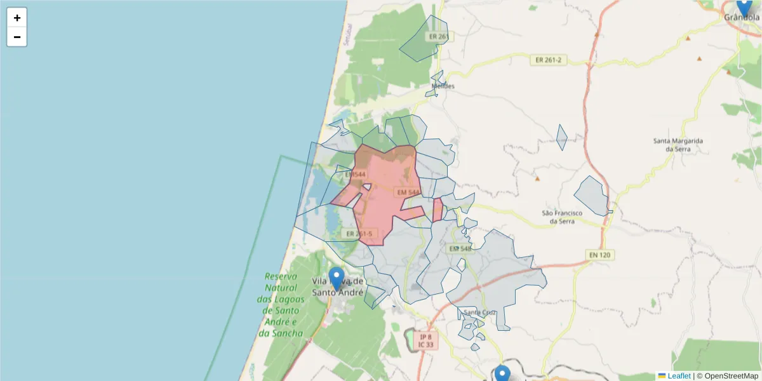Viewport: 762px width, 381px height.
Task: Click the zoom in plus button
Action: (x=17, y=18)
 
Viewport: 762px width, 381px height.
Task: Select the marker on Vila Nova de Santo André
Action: (x=337, y=279)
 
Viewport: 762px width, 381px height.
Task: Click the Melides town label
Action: (x=443, y=86)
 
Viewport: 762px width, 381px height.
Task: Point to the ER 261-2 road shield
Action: (x=549, y=60)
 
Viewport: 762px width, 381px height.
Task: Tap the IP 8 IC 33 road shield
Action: (x=425, y=341)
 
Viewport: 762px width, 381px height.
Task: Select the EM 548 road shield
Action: (x=460, y=249)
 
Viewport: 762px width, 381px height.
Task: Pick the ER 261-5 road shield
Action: (x=359, y=234)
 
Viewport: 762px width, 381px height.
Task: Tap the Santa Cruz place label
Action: (x=479, y=312)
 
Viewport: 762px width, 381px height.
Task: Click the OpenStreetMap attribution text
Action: (x=731, y=376)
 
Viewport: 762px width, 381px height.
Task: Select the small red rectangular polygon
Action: (x=438, y=210)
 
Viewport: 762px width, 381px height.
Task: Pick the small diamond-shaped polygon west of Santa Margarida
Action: (x=561, y=137)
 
